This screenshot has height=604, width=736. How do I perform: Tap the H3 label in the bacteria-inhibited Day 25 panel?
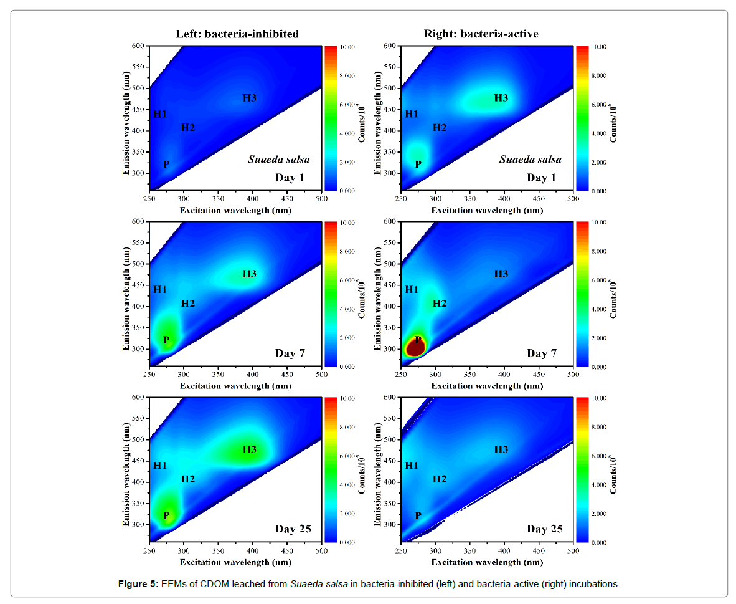click(250, 449)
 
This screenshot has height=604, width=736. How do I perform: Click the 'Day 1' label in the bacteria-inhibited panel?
click(290, 178)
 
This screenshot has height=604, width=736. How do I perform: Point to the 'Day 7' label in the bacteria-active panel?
click(542, 353)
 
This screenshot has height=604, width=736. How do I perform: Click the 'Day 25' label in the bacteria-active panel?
click(545, 529)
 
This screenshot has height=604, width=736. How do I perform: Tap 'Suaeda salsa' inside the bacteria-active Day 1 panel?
click(531, 160)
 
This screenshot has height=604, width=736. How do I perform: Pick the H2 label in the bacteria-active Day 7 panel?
click(440, 304)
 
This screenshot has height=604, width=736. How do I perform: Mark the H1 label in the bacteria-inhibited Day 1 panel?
click(160, 114)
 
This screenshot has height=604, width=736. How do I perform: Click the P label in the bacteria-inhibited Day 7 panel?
click(166, 340)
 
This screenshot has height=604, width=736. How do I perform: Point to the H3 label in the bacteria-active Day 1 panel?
click(501, 98)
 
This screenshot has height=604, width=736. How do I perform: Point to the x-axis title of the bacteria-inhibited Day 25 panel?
click(235, 562)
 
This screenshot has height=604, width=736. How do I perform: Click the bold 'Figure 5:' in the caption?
click(138, 584)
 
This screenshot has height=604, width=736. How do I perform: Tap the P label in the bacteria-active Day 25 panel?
click(418, 516)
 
